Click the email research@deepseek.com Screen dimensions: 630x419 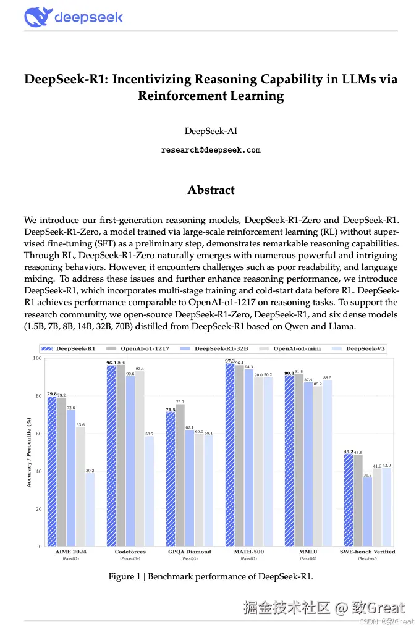point(211,150)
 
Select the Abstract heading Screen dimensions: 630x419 point(211,190)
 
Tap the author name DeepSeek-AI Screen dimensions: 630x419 point(211,131)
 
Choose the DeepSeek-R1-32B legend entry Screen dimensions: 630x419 point(217,348)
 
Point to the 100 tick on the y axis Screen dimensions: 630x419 point(36,358)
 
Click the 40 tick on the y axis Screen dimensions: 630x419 point(38,471)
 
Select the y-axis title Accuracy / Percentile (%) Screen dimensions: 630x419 point(28,453)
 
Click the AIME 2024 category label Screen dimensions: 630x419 point(70,552)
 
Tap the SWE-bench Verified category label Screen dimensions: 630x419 point(368,552)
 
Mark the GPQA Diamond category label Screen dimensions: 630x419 point(189,552)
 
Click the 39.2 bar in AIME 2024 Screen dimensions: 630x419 point(90,510)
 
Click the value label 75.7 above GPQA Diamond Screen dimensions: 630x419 point(180,401)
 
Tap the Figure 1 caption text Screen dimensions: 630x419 point(211,576)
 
